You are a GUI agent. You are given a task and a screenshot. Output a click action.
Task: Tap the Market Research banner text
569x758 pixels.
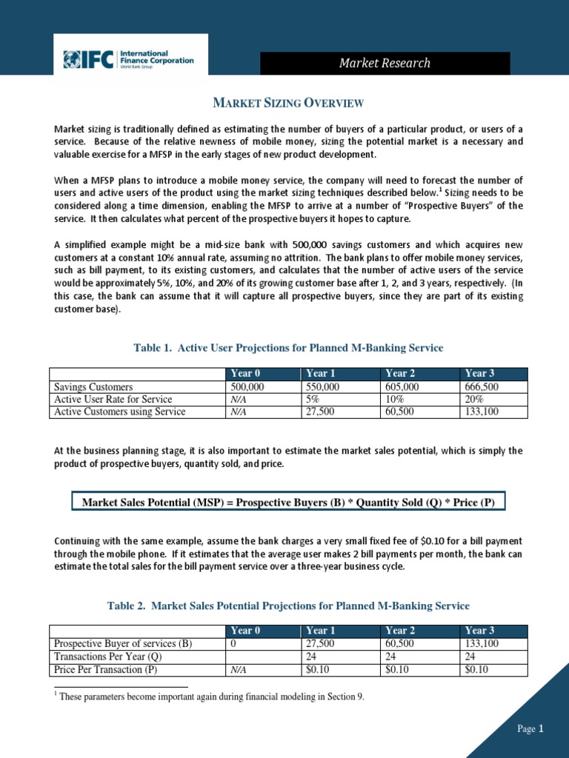pos(385,63)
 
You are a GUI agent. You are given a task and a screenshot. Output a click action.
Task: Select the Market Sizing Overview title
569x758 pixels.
pos(287,102)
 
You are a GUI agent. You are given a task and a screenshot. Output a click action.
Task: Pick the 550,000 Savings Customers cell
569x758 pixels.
pos(323,387)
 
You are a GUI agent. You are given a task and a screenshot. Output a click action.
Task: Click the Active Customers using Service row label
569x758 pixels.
pos(119,412)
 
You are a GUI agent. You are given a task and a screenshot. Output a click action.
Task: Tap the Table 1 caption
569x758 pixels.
pos(287,348)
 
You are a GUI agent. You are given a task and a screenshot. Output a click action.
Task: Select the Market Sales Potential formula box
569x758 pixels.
pos(287,503)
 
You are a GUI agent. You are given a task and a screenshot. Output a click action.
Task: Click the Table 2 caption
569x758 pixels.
pos(287,606)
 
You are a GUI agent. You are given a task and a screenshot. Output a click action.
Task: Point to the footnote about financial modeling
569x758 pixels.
pos(211,697)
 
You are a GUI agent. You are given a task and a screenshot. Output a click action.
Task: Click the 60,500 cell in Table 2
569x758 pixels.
pos(401,644)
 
